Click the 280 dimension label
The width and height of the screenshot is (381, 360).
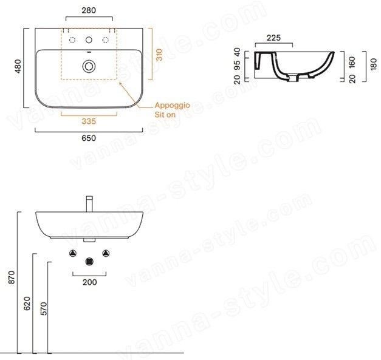click(89, 10)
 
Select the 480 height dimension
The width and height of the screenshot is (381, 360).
click(18, 66)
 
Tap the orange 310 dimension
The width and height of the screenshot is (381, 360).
click(159, 55)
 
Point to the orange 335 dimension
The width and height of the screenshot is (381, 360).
click(89, 121)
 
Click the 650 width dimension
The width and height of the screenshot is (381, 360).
click(89, 138)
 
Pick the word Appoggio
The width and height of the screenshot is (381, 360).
click(173, 106)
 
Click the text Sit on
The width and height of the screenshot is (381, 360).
click(165, 114)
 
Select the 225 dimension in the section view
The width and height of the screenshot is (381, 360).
click(273, 38)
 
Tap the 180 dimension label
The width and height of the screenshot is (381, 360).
click(374, 64)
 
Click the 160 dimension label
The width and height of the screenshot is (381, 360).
click(352, 63)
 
